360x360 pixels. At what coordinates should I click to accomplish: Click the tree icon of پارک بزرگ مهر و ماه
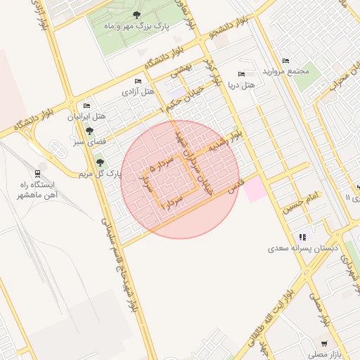tap(136, 15)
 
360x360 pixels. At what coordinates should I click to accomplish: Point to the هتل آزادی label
tap(139, 92)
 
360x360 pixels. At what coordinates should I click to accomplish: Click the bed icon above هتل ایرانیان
tap(86, 105)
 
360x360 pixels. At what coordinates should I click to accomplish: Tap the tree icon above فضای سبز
tap(89, 131)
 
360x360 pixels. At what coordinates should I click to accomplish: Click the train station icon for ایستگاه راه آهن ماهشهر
tap(37, 174)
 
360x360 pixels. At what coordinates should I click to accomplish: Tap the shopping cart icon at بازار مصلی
tap(324, 343)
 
